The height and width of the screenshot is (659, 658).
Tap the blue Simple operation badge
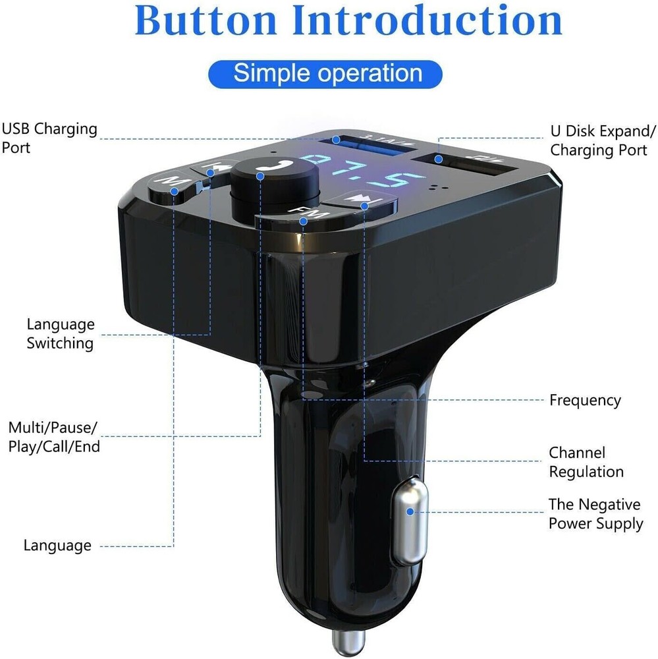(x=325, y=73)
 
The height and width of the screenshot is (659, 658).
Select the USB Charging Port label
(x=49, y=138)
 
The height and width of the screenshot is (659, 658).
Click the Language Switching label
(x=61, y=333)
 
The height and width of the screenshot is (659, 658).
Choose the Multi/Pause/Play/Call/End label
(x=54, y=437)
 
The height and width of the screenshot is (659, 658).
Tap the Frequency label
(x=585, y=400)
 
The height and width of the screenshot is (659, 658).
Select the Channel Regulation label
(x=586, y=462)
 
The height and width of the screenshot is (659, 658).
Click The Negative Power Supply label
(x=595, y=514)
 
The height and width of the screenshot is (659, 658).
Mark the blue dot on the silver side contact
(x=410, y=511)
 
